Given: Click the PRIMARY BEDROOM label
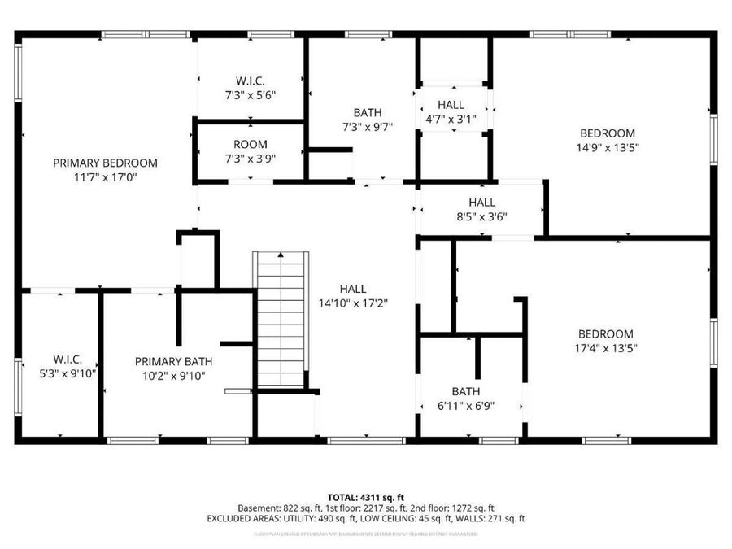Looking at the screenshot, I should click(x=105, y=163).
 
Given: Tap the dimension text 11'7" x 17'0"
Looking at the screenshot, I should click(x=105, y=176).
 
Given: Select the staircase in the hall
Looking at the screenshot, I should click(x=281, y=321).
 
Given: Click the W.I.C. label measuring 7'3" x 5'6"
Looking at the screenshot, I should click(x=251, y=81).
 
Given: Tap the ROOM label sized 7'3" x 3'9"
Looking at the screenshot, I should click(x=251, y=145).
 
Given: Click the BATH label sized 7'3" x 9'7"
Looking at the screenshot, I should click(x=367, y=112).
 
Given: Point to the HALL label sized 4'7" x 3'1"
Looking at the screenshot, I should click(x=451, y=105).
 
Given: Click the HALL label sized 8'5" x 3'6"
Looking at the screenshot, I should click(x=481, y=203).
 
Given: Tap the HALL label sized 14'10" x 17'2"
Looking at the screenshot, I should click(x=353, y=289).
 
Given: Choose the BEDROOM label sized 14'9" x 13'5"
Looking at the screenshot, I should click(x=607, y=133).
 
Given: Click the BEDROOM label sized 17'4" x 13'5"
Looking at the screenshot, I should click(x=606, y=333).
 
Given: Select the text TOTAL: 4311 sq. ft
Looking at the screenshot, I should click(x=365, y=496).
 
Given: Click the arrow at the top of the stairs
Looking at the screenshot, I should click(x=281, y=255).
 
